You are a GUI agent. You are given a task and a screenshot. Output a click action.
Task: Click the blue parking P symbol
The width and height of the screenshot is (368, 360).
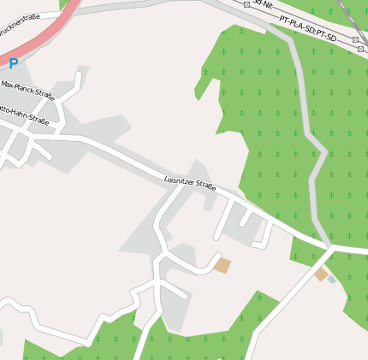pyautogui.click(x=13, y=62)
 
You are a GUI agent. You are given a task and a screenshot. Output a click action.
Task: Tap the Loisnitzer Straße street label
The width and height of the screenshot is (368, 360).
pyautogui.click(x=189, y=183)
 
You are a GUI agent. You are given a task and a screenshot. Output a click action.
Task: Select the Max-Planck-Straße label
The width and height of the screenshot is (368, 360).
pyautogui.click(x=27, y=91)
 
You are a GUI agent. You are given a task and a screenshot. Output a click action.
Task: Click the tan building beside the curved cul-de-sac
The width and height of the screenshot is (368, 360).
pyautogui.click(x=222, y=265)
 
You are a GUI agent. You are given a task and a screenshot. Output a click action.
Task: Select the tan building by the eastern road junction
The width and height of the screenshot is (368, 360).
pyautogui.click(x=321, y=274)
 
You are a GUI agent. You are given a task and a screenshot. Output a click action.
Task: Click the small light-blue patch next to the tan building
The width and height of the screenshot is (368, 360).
pyautogui.click(x=331, y=280)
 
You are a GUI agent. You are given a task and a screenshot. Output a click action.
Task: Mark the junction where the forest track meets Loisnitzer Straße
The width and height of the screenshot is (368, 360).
pyautogui.click(x=329, y=248)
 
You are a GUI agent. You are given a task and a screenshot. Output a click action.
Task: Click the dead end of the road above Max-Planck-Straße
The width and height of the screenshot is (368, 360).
pyautogui.click(x=79, y=75)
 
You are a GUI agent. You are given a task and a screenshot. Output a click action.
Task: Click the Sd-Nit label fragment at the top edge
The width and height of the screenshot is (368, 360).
pyautogui.click(x=262, y=4)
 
